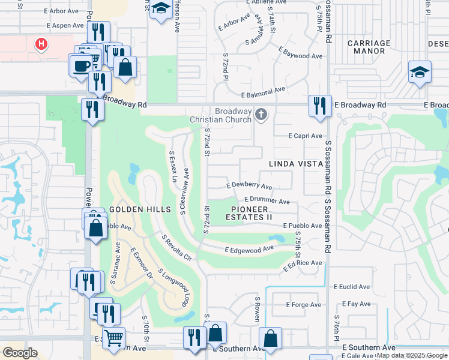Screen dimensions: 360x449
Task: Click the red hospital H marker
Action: (41, 44)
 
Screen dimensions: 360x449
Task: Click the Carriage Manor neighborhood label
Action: (369, 47)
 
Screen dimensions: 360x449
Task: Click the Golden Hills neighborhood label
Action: (133, 208)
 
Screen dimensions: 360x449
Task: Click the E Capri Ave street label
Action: (304, 136)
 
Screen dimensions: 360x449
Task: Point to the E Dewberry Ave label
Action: (249, 187)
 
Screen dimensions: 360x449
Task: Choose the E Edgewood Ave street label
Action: (249, 248)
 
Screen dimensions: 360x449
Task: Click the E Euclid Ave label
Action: (352, 287)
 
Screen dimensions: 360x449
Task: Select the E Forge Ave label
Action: (304, 305)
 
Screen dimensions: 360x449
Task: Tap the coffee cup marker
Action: (80, 65)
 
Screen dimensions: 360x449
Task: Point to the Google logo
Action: (20, 353)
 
